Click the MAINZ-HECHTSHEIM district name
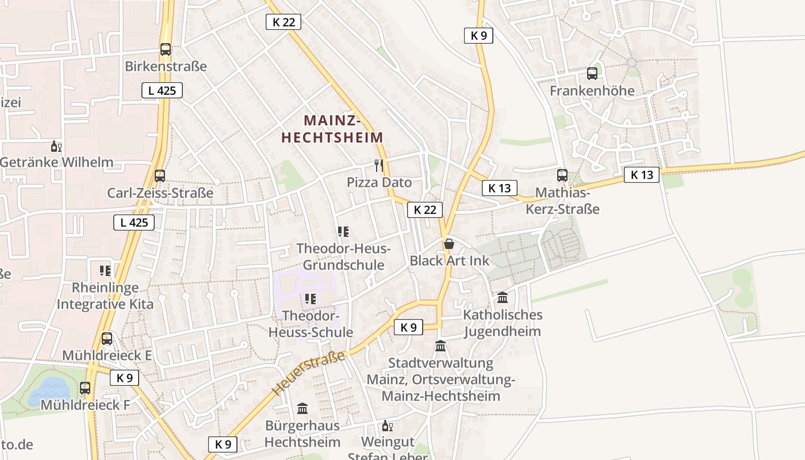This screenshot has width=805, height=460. point(332,129)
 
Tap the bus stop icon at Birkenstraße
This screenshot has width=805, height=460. point(166,49)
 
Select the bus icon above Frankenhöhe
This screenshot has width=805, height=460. point(592,74)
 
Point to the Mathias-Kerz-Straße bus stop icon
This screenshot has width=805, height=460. point(562,175)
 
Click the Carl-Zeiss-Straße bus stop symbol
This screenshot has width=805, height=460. point(160,176)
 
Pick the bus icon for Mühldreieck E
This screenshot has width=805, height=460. point(107,339)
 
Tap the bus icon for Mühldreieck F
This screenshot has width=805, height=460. point(85,388)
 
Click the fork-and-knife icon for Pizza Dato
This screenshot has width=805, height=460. point(378,166)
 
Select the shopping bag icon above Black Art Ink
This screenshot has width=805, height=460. point(449,244)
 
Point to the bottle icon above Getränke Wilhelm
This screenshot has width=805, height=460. point(56,146)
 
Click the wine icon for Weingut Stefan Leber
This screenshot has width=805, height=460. point(387,426)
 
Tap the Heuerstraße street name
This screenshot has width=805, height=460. point(309,374)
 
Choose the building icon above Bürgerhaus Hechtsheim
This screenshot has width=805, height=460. point(302,409)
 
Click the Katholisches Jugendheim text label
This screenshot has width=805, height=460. point(503,323)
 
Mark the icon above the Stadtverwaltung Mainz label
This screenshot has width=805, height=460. point(440,346)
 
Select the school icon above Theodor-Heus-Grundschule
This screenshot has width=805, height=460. point(343,232)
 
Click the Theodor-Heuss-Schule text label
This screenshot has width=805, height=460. point(310,324)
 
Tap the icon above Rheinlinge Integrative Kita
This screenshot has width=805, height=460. point(105,270)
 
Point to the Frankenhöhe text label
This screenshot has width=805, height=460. point(592,91)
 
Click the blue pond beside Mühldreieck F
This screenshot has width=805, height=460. point(49,391)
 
